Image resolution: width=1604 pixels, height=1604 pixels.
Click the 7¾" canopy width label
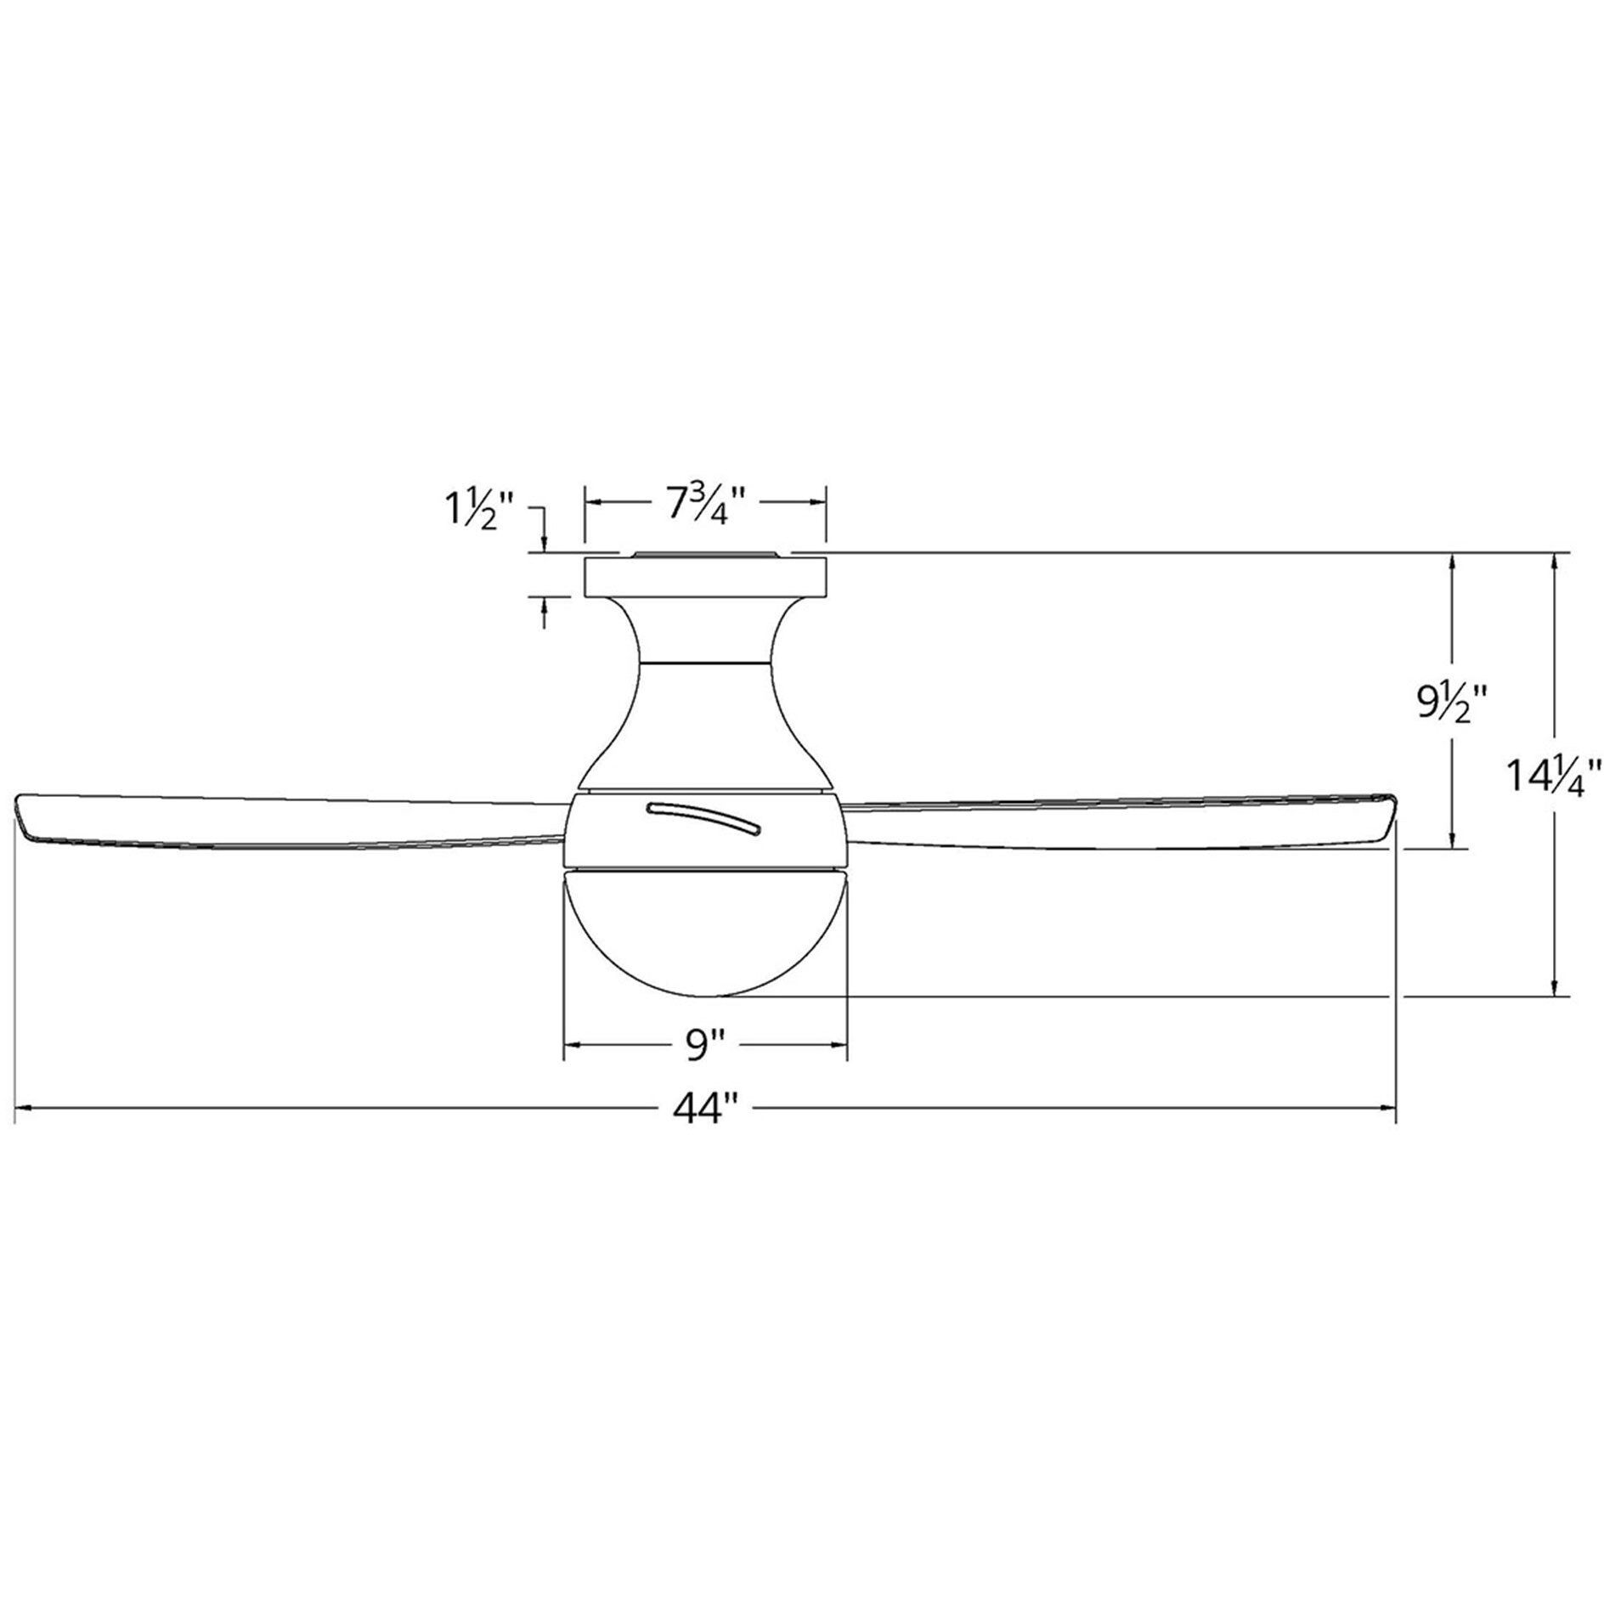tap(704, 507)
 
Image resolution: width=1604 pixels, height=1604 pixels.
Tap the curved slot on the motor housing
tap(704, 818)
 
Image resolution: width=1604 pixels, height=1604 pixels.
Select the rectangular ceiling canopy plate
tap(704, 576)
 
